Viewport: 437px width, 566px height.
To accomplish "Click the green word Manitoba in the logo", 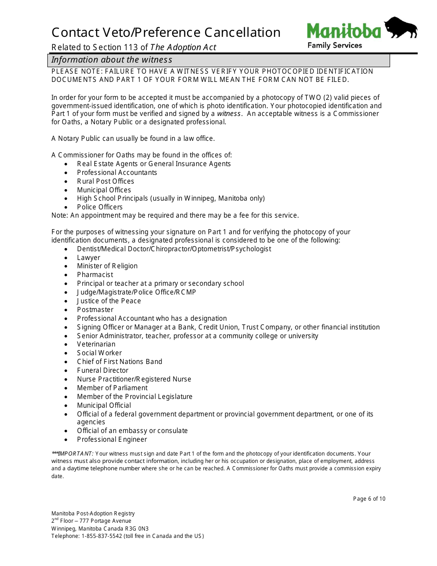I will tap(344, 31).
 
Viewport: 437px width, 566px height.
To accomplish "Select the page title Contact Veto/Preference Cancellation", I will tap(166, 32).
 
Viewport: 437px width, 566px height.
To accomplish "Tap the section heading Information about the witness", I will tap(112, 60).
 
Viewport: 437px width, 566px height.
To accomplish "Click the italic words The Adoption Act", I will tap(183, 47).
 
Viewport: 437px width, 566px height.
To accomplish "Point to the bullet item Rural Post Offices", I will tap(105, 181).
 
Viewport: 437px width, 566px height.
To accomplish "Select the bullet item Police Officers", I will tap(100, 207).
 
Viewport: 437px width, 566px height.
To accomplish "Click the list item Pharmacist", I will tap(95, 275).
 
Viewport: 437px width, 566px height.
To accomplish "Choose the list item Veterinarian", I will tap(96, 344).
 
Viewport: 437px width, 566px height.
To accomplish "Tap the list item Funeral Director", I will tap(103, 370).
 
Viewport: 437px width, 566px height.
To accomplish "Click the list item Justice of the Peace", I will tap(109, 301).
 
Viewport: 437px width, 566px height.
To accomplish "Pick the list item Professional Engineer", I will tap(112, 439).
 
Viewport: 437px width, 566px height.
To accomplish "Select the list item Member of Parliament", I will tap(112, 388).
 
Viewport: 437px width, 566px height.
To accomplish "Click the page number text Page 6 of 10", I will tap(369, 499).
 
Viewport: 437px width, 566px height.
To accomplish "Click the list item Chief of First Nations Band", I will tap(120, 362).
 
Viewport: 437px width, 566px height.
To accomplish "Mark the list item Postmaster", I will tap(95, 310).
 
